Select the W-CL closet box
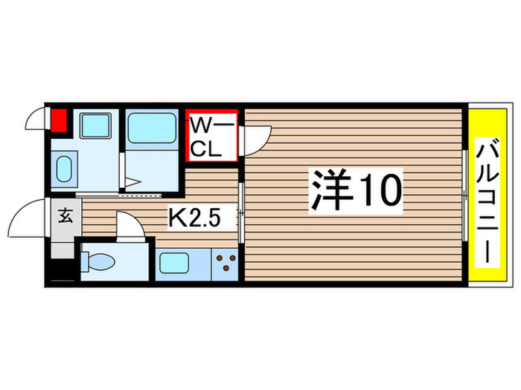tap(211, 136)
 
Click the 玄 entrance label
tap(65, 218)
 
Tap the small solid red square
tap(58, 120)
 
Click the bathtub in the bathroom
tap(152, 128)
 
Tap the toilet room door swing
tap(128, 226)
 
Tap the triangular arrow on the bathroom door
tap(131, 181)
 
